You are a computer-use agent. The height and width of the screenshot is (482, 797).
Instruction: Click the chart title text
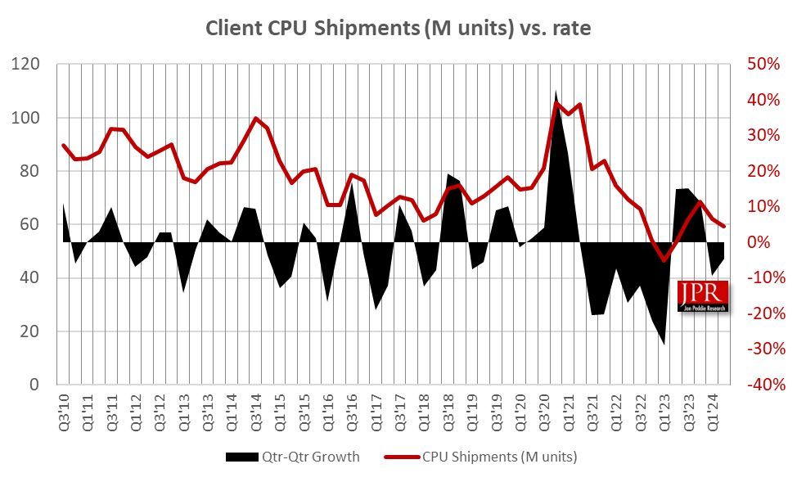pyautogui.click(x=398, y=28)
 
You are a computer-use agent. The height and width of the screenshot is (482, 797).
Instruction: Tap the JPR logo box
pyautogui.click(x=703, y=296)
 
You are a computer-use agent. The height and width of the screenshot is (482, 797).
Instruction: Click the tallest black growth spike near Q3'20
pyautogui.click(x=556, y=92)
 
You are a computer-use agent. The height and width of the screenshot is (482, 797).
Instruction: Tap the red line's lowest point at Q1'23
pyautogui.click(x=664, y=260)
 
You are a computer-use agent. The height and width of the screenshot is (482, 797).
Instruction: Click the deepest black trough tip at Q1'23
pyautogui.click(x=664, y=343)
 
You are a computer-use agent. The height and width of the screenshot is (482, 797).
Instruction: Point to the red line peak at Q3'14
pyautogui.click(x=255, y=118)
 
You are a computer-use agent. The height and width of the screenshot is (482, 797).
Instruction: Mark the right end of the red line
pyautogui.click(x=724, y=226)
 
